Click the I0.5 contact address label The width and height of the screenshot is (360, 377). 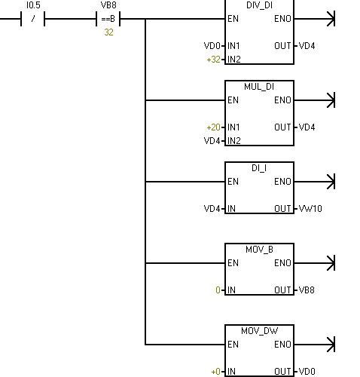(33, 5)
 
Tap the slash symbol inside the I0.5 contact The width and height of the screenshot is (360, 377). (33, 19)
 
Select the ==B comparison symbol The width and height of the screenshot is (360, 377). (108, 19)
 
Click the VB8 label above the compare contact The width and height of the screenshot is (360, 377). (108, 5)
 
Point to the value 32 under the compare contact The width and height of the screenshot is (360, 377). (108, 32)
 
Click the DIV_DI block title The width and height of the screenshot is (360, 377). (259, 5)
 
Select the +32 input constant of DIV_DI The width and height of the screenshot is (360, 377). (213, 60)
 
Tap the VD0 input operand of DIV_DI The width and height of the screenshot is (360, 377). (212, 46)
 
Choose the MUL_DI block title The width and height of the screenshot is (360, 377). (259, 87)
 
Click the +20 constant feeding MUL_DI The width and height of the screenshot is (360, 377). (213, 127)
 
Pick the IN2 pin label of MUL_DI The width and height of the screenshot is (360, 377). (234, 141)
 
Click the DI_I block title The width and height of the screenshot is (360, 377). (259, 168)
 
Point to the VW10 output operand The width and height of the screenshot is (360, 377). (310, 209)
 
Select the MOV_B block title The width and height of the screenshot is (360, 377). (259, 250)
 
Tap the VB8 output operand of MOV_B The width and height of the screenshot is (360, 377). (307, 290)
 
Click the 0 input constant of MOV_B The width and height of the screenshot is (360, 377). (218, 290)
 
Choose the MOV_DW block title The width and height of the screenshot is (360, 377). (259, 331)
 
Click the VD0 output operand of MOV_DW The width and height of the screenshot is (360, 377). (307, 372)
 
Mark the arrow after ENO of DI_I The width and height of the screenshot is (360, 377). (314, 182)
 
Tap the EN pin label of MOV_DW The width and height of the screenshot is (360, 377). (233, 345)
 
